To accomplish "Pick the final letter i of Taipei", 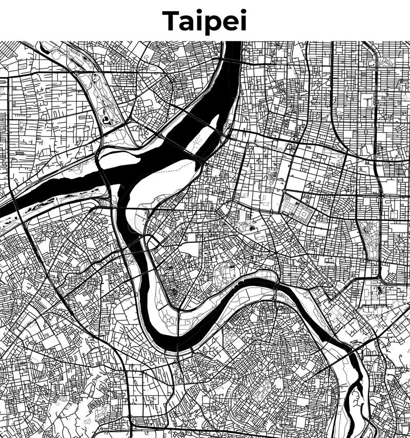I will click(243, 21).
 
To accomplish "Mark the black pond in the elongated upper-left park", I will click(106, 120).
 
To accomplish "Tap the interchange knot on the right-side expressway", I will click(380, 195).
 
